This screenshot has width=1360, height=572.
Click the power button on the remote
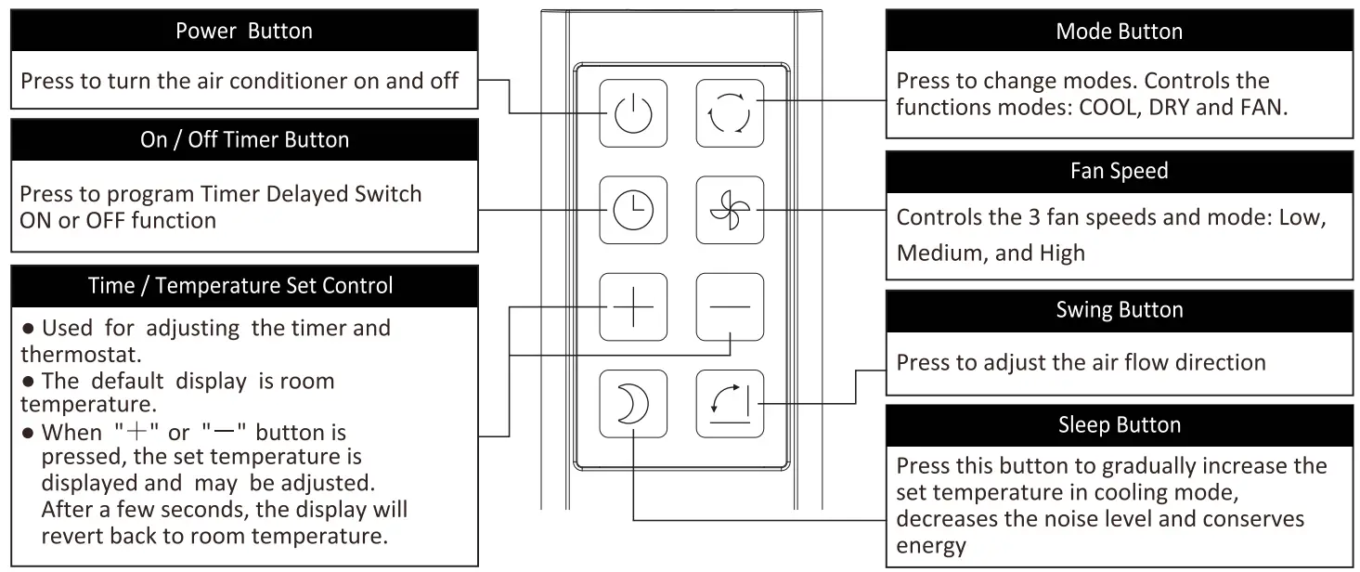[x=632, y=112]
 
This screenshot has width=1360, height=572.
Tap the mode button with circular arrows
[x=730, y=112]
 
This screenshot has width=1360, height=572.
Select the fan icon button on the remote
[x=730, y=210]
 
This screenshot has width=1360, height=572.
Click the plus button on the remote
[x=632, y=307]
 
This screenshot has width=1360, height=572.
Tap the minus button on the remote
[x=730, y=307]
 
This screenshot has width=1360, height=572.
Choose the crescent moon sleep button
[x=632, y=404]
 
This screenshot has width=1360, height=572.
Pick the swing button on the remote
[x=730, y=404]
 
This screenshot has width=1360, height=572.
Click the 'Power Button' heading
[x=244, y=31]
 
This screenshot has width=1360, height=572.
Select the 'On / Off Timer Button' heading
[x=244, y=140]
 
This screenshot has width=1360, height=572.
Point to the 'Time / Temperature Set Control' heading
[x=244, y=286]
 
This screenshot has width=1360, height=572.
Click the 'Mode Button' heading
[x=1119, y=31]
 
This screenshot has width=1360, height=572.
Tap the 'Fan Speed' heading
[x=1119, y=171]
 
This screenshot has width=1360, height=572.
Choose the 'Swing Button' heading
[x=1119, y=310]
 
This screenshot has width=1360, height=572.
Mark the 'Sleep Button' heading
[x=1119, y=425]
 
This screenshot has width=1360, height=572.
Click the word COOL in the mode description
[x=1107, y=107]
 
